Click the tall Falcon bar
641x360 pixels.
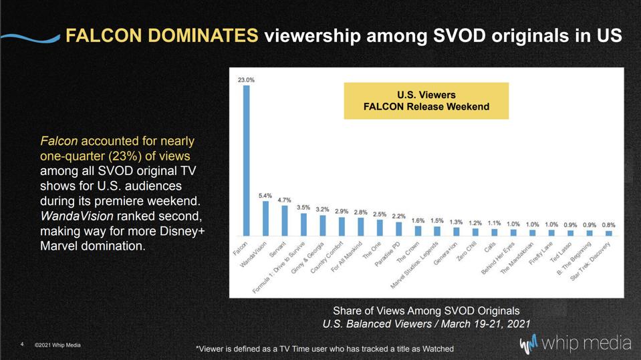[246, 160]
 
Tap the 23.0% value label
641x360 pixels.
[246, 79]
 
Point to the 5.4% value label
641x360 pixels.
[265, 196]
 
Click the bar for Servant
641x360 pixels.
[284, 220]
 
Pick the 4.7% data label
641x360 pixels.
[284, 200]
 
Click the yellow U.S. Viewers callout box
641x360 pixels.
[426, 101]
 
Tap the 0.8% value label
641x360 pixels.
[608, 225]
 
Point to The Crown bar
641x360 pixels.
[418, 231]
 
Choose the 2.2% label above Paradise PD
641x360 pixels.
[398, 216]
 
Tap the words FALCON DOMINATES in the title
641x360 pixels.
[161, 35]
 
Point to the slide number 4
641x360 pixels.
[22, 345]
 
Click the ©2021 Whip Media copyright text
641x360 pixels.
[57, 345]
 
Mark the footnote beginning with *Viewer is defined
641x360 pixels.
[324, 349]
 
